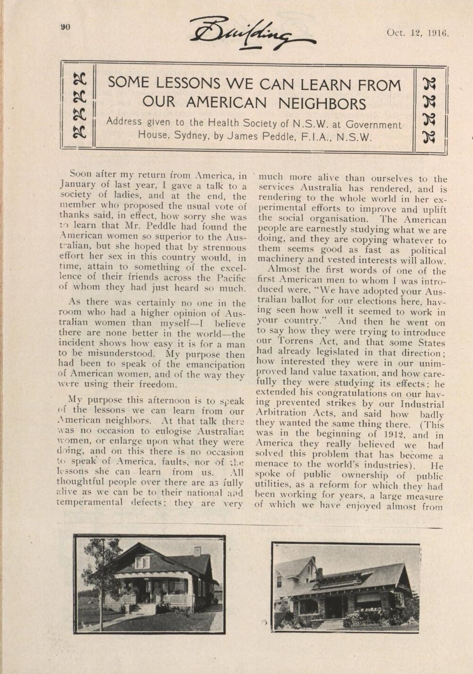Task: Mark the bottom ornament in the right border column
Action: click(x=429, y=137)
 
